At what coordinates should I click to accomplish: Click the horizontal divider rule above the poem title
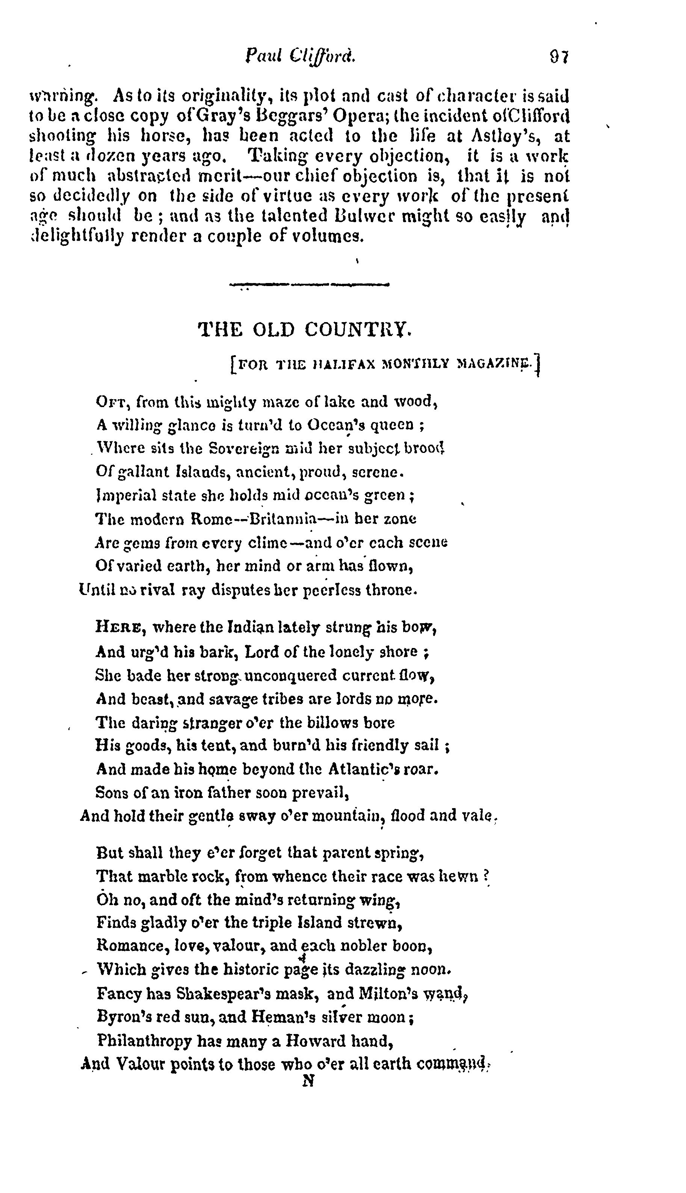tap(309, 285)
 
